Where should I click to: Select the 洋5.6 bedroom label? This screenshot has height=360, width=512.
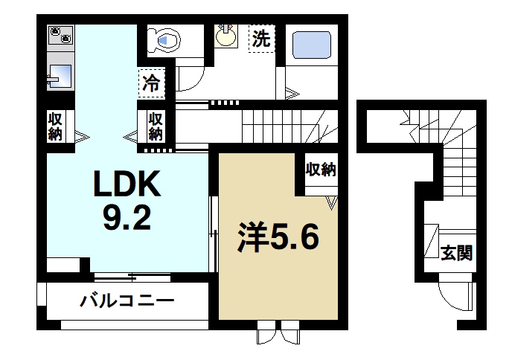pyautogui.click(x=278, y=238)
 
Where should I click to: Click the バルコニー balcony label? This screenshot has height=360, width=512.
pyautogui.click(x=127, y=301)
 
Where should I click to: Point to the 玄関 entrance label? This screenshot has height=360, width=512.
pyautogui.click(x=455, y=253)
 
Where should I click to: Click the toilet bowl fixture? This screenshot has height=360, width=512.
pyautogui.click(x=163, y=39)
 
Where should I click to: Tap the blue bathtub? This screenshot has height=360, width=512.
pyautogui.click(x=312, y=44)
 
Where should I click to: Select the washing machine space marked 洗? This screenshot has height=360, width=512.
pyautogui.click(x=260, y=39)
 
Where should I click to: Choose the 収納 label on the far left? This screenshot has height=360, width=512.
pyautogui.click(x=57, y=126)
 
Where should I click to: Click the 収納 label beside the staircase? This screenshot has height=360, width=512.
pyautogui.click(x=155, y=126)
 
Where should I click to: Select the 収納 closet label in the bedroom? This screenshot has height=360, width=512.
pyautogui.click(x=321, y=170)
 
